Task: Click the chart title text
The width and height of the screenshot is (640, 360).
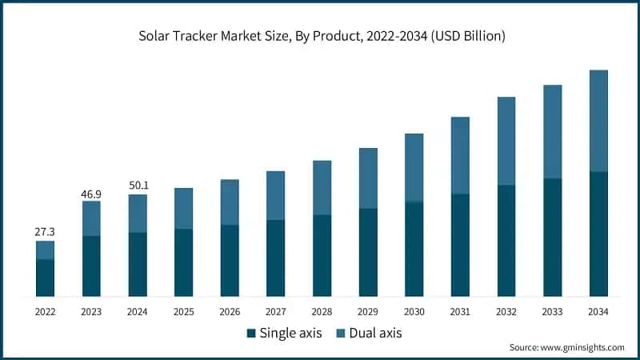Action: [320, 36]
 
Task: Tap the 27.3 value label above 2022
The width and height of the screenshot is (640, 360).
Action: [45, 231]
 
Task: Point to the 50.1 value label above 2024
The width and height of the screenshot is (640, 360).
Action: [138, 185]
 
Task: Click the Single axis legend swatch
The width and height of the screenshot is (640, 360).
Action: [251, 333]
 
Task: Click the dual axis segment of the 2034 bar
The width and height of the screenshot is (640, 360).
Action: [598, 121]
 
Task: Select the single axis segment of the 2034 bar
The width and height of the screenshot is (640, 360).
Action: [598, 234]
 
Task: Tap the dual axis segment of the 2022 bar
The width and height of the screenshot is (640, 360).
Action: [45, 250]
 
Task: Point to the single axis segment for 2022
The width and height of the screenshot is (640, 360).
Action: [45, 278]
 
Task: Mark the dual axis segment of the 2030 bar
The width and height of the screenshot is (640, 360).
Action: [414, 167]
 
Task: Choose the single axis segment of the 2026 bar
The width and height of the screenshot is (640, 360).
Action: [230, 260]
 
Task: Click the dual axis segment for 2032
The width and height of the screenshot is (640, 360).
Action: [506, 141]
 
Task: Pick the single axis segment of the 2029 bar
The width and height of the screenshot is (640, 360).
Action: [368, 252]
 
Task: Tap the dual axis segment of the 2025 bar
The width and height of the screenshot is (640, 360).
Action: [183, 208]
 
